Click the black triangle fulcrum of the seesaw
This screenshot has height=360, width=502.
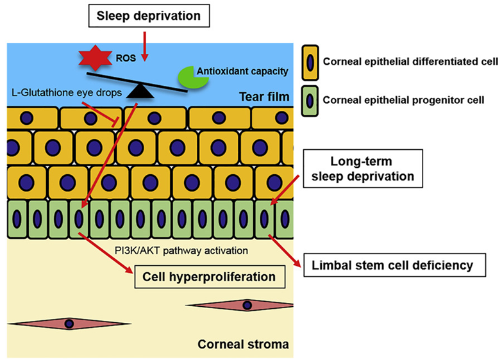(140, 92)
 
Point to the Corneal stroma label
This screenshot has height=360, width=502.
(243, 344)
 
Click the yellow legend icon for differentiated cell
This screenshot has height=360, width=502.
(311, 63)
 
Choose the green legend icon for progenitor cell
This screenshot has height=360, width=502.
(311, 100)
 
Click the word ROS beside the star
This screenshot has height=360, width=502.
(121, 56)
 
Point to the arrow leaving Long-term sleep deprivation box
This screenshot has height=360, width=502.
(287, 192)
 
